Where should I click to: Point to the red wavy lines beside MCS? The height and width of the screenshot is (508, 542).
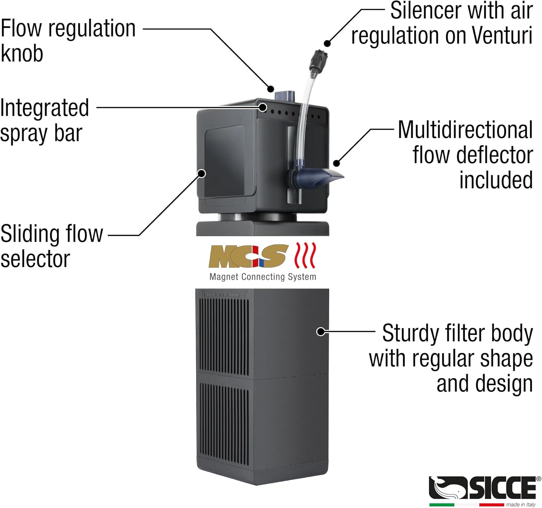click(x=306, y=255)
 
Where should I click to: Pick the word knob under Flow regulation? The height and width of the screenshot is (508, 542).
click(x=22, y=53)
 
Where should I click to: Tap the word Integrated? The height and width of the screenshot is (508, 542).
click(x=44, y=108)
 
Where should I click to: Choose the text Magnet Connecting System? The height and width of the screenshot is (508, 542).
click(x=263, y=277)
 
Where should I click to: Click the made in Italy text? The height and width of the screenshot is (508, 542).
click(x=521, y=504)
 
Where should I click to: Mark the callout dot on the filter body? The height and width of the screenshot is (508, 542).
click(x=321, y=331)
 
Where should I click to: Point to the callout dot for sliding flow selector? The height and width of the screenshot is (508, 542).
click(x=202, y=174)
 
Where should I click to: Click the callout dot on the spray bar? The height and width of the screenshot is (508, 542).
click(x=263, y=107)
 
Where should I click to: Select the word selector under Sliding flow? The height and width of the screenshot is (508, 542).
click(x=35, y=259)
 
